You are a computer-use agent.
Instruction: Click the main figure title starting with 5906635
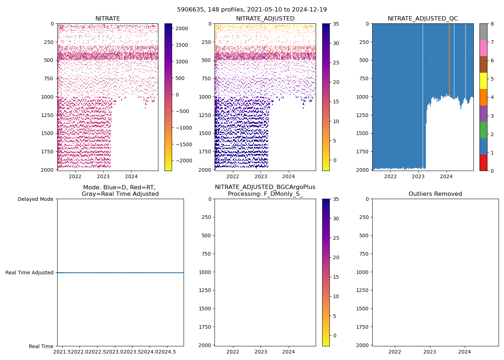(252, 10)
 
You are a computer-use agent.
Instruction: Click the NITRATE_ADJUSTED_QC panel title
(423, 19)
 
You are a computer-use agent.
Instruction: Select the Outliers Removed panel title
(435, 194)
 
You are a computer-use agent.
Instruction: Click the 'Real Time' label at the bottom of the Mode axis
(41, 346)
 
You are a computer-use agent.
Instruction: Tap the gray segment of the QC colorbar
(483, 32)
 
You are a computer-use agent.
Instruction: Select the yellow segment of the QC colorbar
(483, 81)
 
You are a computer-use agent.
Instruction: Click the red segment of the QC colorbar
(483, 162)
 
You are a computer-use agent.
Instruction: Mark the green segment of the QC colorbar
(483, 130)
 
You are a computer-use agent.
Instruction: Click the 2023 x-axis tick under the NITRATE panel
(103, 176)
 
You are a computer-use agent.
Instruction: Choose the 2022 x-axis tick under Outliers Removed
(395, 352)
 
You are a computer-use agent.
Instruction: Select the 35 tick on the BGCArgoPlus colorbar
(336, 199)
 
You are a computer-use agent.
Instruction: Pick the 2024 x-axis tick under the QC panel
(446, 176)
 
